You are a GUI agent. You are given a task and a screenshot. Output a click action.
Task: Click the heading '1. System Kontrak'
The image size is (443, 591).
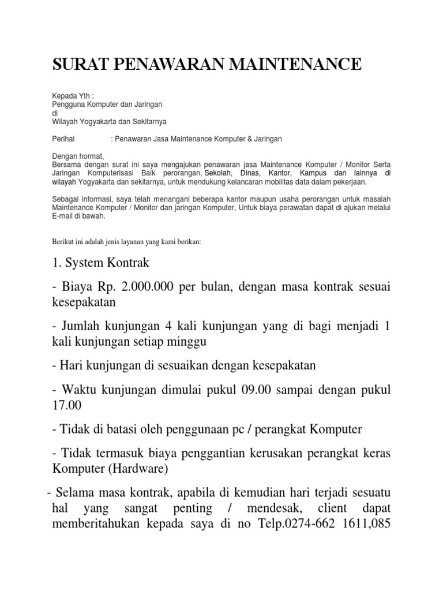click(101, 263)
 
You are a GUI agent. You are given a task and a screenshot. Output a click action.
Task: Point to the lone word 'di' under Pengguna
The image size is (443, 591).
click(55, 113)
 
